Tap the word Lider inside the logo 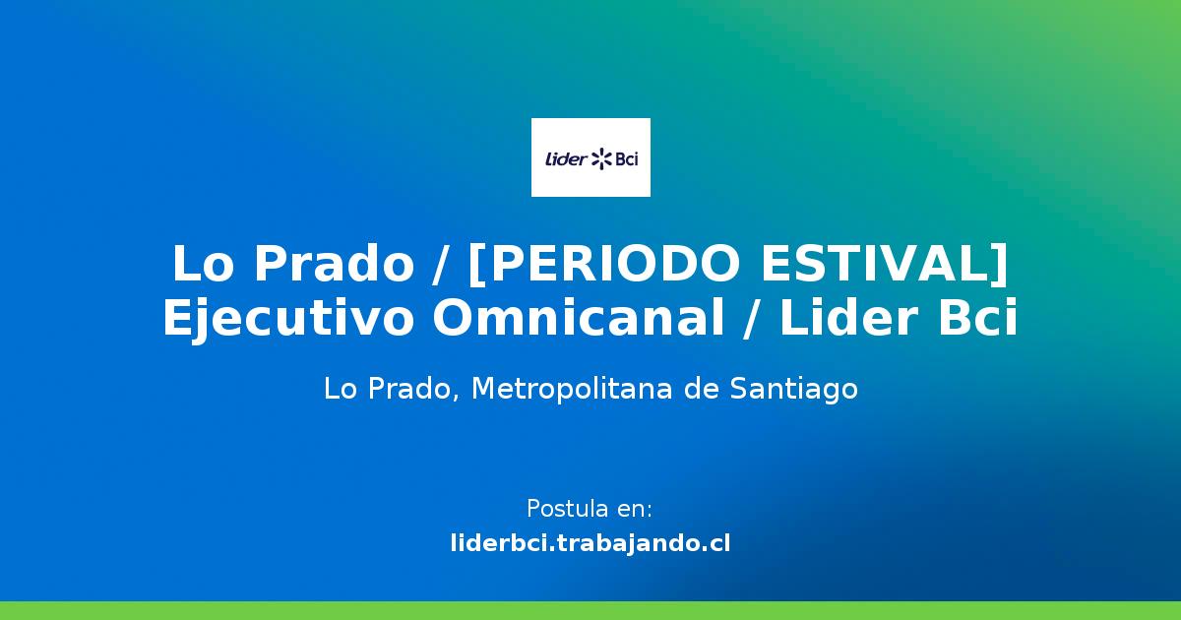(565, 157)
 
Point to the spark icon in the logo (600, 157)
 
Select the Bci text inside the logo (626, 157)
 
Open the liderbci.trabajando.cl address (590, 542)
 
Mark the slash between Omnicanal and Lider (755, 319)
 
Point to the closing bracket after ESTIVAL (999, 264)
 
